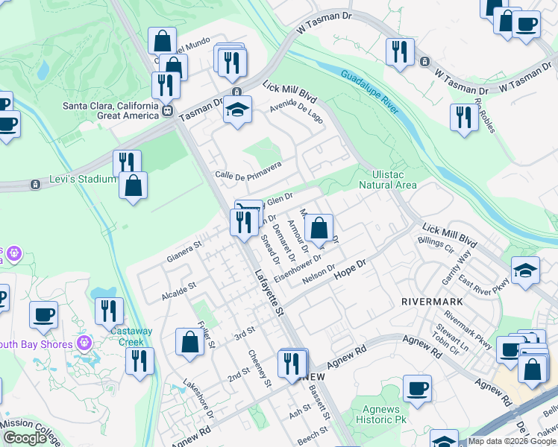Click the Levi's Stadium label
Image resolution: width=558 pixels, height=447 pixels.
tap(79, 179)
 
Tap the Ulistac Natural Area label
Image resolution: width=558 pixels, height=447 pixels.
tap(387, 179)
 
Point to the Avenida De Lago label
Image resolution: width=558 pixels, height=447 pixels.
tap(297, 112)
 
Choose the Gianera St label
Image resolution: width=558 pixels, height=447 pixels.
tap(184, 248)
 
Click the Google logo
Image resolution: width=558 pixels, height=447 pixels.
tap(25, 438)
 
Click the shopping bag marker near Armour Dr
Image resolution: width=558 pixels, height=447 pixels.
tap(319, 228)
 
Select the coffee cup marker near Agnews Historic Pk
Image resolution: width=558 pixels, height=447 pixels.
tap(416, 388)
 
